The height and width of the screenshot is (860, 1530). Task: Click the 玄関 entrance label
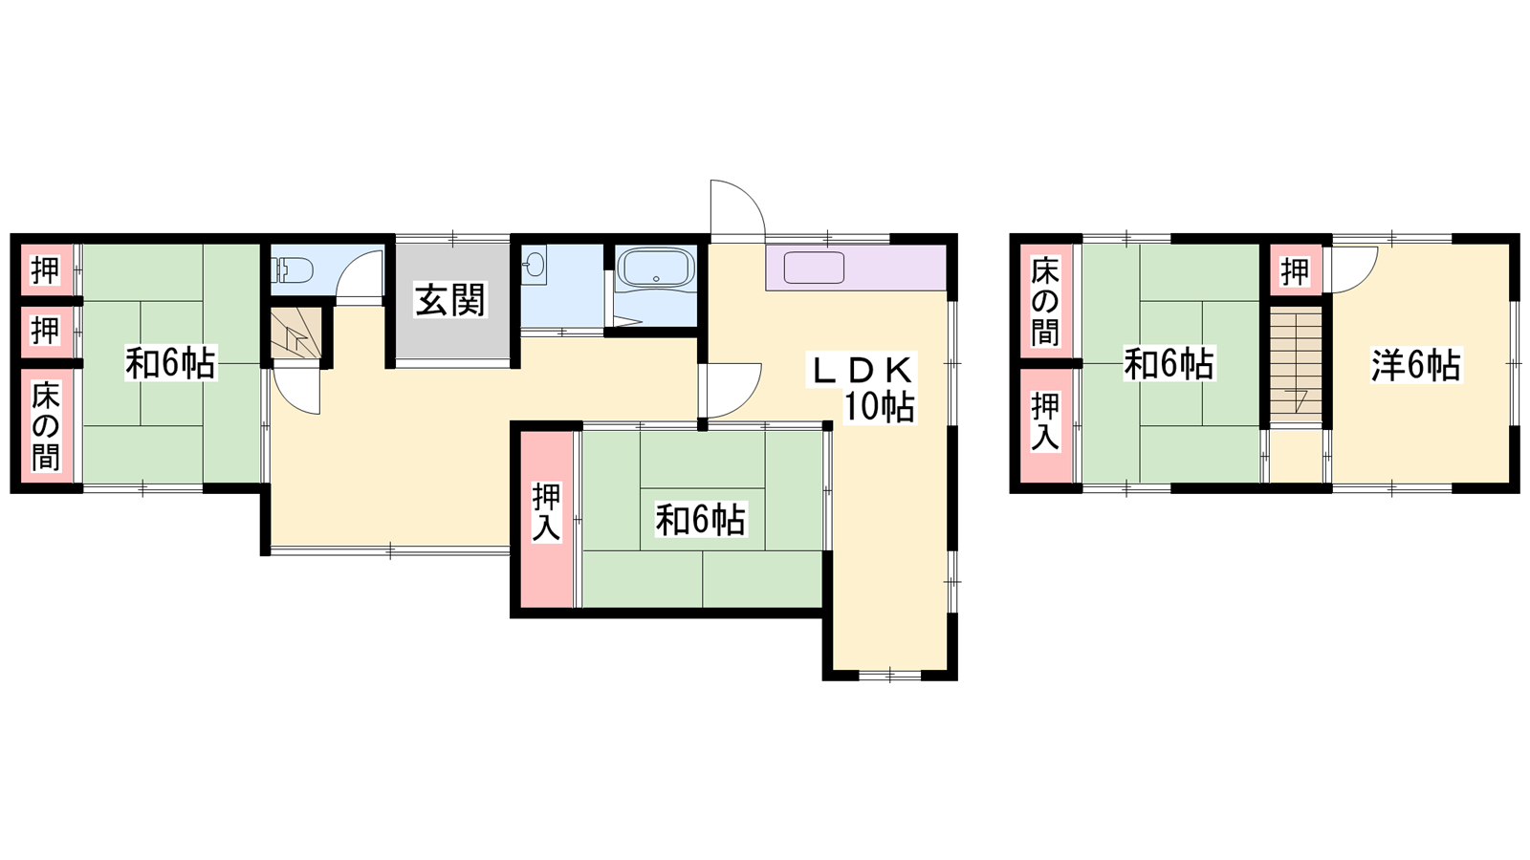coord(450,301)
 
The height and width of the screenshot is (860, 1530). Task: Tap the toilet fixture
coord(293,269)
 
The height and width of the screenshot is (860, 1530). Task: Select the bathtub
coord(655,267)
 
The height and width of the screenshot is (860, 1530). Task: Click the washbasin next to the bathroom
coord(535,264)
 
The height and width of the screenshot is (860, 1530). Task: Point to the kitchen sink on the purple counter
coord(814,268)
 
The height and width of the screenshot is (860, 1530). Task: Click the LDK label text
coord(861,371)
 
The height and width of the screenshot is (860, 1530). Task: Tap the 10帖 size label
coord(879,407)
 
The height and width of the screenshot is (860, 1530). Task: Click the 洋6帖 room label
coord(1416,365)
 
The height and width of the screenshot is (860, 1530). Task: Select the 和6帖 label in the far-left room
coord(170,363)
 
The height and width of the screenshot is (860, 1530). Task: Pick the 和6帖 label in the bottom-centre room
coord(700,520)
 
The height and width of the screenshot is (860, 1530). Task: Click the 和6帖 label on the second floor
coord(1169,363)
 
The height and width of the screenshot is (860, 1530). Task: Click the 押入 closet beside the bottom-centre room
coord(546,519)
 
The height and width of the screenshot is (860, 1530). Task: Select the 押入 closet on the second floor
coord(1046,425)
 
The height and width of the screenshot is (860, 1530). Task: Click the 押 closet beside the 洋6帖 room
coord(1295,271)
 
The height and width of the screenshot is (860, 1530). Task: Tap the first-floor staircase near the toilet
coord(296,333)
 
